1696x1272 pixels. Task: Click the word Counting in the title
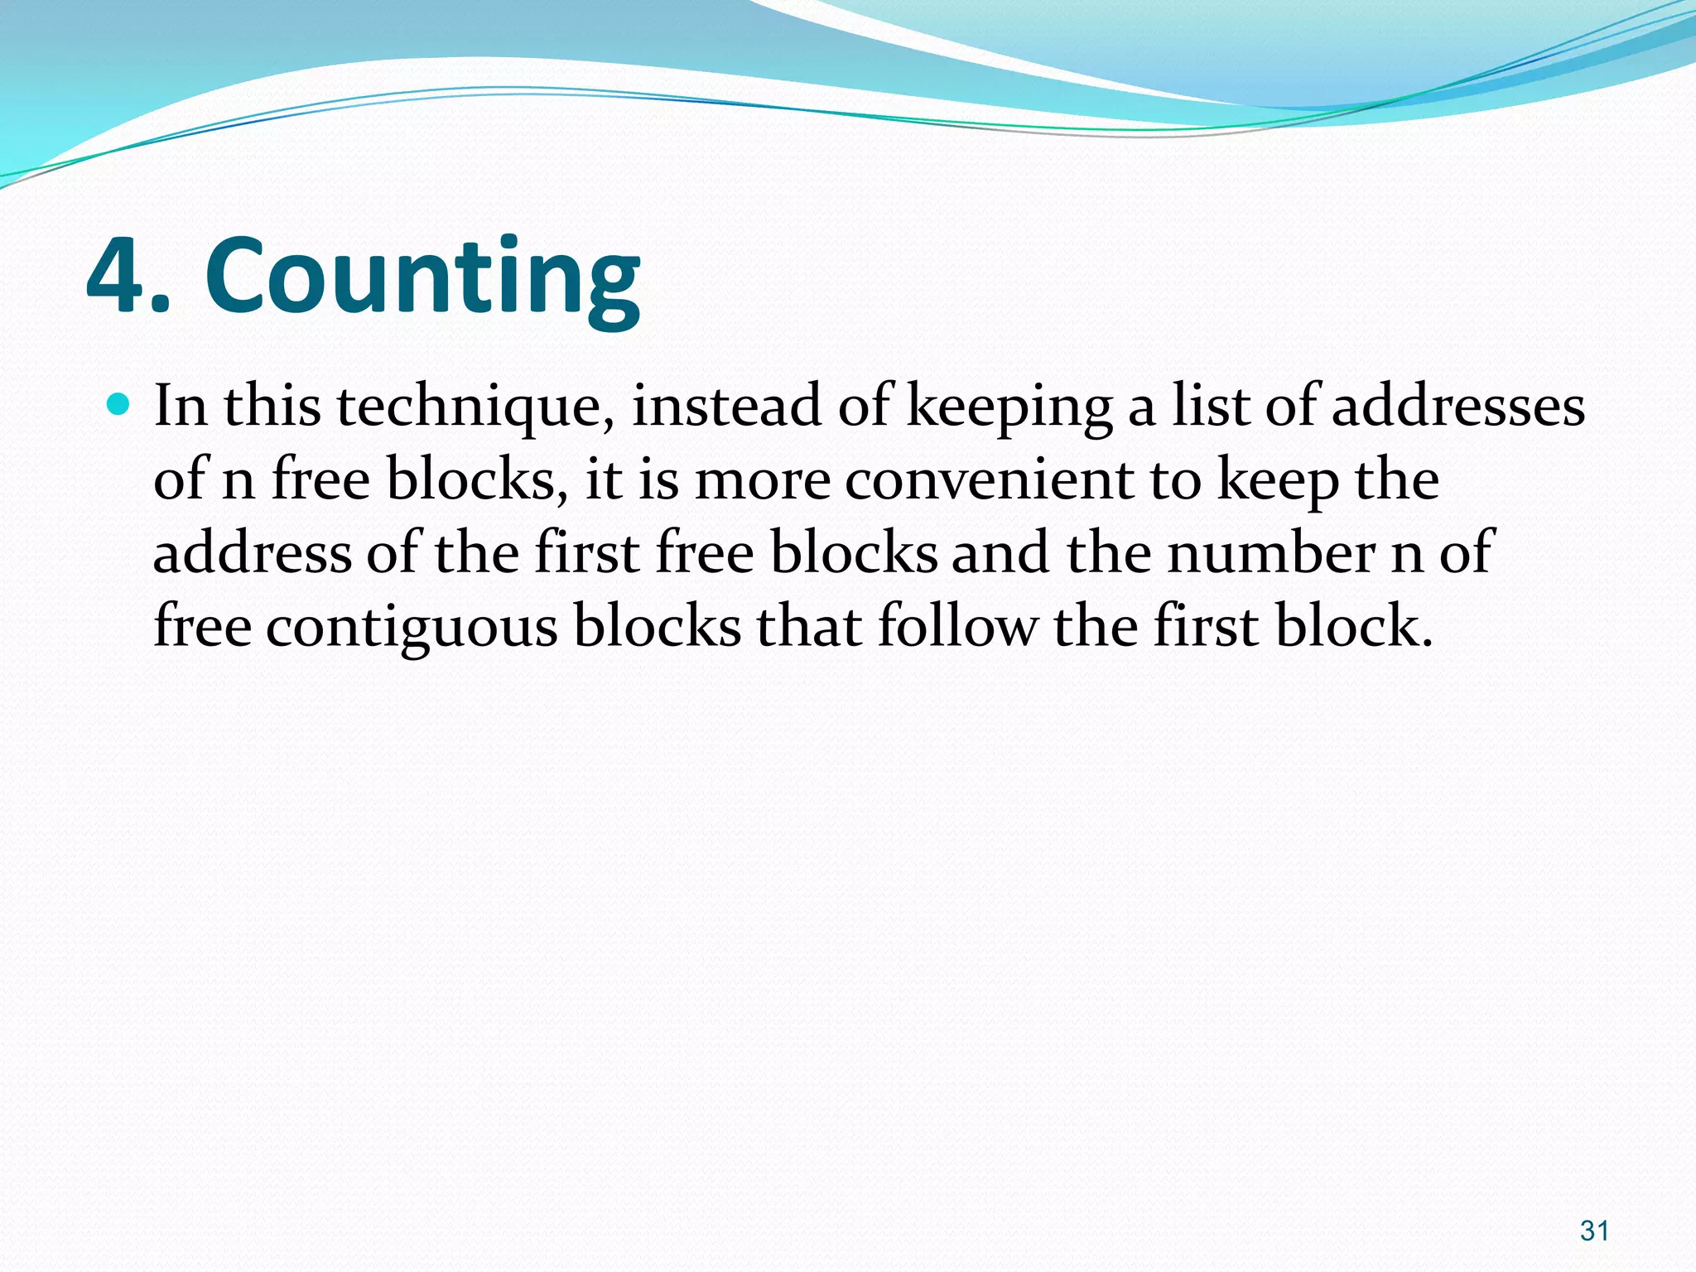click(422, 277)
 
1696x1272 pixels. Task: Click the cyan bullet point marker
click(120, 405)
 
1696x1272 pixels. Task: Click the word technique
click(475, 407)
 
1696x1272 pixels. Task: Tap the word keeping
click(1009, 407)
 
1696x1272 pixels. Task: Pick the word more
click(762, 481)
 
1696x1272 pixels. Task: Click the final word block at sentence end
click(1353, 625)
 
